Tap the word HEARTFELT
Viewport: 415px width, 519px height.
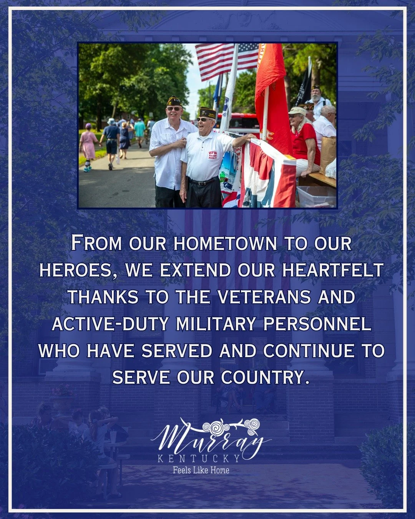tap(333, 270)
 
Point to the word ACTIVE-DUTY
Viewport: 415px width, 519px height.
tap(110, 324)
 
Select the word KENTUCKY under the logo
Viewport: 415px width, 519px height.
tap(199, 458)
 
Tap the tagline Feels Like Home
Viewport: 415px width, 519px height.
tap(201, 470)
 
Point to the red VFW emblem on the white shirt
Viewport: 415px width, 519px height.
tap(212, 155)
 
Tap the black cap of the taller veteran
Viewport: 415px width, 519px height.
tap(174, 102)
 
